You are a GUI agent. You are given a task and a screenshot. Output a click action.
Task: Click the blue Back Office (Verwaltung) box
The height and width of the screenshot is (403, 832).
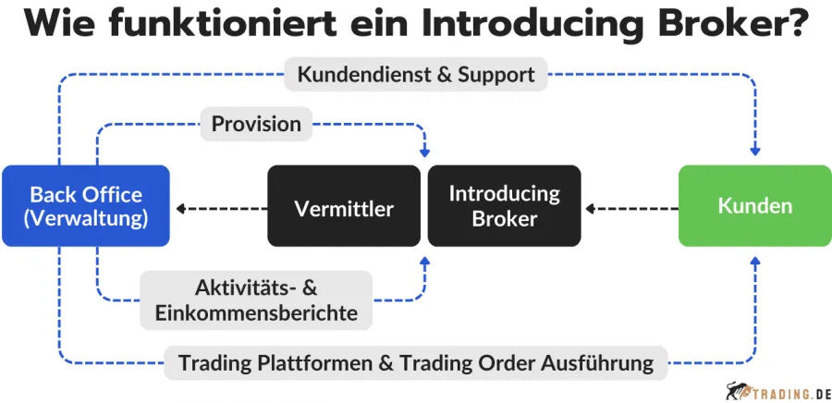pos(85,206)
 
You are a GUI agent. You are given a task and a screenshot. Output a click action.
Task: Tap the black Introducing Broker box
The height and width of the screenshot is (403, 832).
pos(504,206)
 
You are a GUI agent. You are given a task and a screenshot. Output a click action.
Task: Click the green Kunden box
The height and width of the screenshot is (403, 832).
pos(754,206)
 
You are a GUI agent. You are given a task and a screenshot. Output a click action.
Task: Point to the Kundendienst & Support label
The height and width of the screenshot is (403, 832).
pos(416,74)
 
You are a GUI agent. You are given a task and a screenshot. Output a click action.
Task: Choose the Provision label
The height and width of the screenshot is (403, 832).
pos(256,124)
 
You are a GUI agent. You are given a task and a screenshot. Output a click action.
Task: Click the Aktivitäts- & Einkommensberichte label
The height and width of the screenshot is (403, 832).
pos(256,299)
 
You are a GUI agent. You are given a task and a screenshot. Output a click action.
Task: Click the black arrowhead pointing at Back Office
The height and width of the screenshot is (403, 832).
pos(180,208)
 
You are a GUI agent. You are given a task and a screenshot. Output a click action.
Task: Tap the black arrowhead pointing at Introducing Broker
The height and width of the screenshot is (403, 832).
pos(589,208)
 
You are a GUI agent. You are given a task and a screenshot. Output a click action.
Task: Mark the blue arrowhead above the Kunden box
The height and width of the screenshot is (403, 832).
pos(755,153)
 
